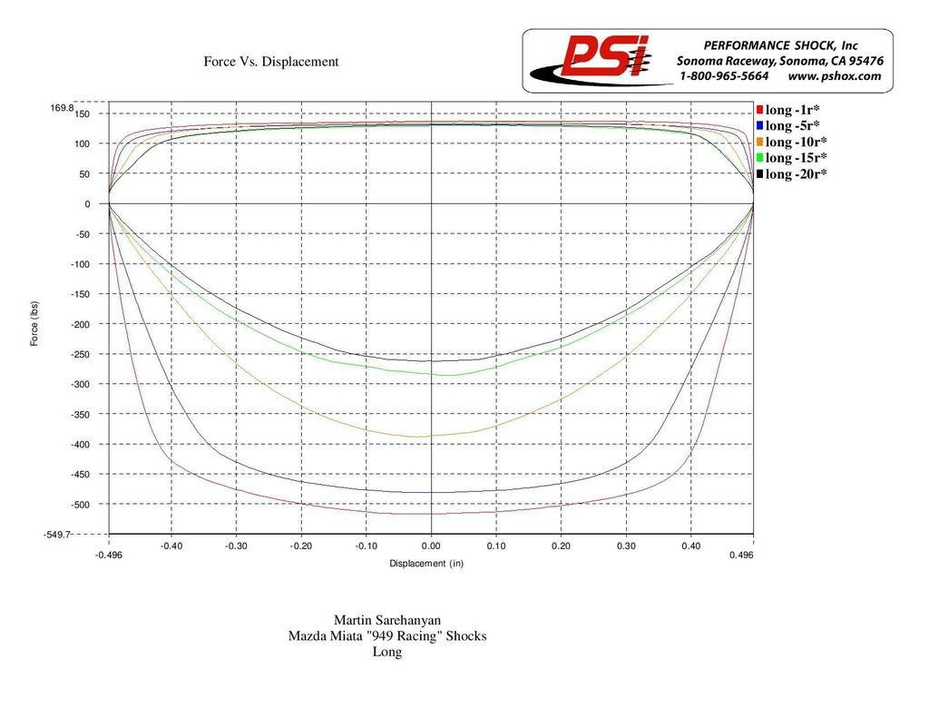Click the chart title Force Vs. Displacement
(x=270, y=62)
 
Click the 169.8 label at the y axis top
(x=62, y=108)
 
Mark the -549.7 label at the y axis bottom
(x=57, y=535)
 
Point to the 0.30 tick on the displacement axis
(x=626, y=546)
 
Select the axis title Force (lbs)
(x=34, y=322)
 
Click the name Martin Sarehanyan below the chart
(x=386, y=620)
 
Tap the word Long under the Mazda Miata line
(x=387, y=652)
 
